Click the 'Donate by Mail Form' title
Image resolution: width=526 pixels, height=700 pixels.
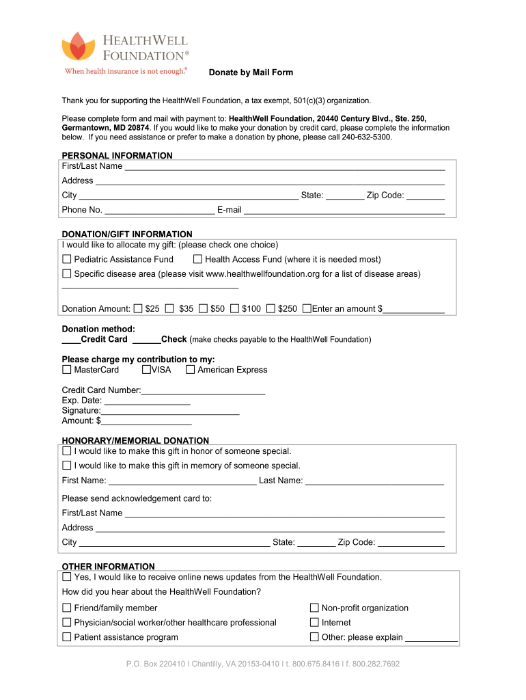pyautogui.click(x=251, y=72)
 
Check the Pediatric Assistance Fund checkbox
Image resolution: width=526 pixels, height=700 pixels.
pyautogui.click(x=67, y=259)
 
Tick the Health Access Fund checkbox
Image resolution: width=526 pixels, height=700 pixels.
pyautogui.click(x=197, y=259)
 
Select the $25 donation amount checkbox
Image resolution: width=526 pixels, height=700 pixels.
pyautogui.click(x=139, y=308)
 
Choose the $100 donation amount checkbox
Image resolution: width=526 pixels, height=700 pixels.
pyautogui.click(x=235, y=308)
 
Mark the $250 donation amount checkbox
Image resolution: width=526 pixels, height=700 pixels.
pyautogui.click(x=271, y=308)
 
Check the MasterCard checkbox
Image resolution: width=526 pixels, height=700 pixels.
pyautogui.click(x=67, y=370)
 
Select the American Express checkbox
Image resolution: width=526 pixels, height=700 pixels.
pyautogui.click(x=191, y=370)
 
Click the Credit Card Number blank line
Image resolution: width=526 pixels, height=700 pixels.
pyautogui.click(x=203, y=390)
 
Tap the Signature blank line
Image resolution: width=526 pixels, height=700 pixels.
pyautogui.click(x=170, y=411)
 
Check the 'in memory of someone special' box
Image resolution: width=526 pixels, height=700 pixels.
pyautogui.click(x=67, y=466)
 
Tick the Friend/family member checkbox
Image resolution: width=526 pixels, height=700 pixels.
pyautogui.click(x=67, y=608)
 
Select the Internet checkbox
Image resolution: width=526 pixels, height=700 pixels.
pyautogui.click(x=315, y=622)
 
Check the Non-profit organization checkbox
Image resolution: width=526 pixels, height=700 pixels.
pyautogui.click(x=315, y=608)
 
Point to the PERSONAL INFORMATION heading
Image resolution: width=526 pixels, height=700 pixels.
pyautogui.click(x=117, y=155)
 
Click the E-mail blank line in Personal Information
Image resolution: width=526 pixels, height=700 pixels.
pyautogui.click(x=344, y=210)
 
